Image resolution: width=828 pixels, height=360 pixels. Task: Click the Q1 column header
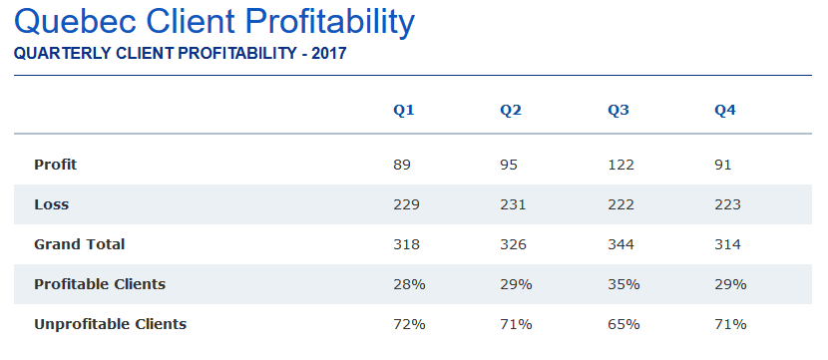(403, 111)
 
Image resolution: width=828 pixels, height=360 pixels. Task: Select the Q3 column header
(618, 111)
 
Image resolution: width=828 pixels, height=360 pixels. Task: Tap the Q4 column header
(725, 111)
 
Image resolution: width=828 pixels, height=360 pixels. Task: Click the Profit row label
(56, 165)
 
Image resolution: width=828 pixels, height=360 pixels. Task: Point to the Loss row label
(51, 204)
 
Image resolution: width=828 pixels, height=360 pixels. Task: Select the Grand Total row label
(79, 244)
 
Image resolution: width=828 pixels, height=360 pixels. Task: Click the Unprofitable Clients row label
(111, 324)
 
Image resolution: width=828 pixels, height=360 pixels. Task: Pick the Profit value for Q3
(621, 165)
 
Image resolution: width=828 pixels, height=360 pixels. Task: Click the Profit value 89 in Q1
(402, 165)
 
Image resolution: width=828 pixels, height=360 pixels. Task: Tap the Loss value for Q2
(514, 204)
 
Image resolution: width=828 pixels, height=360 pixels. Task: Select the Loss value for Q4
(727, 204)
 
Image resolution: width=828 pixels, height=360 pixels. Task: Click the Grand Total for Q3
(621, 244)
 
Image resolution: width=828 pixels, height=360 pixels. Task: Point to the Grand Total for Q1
(406, 244)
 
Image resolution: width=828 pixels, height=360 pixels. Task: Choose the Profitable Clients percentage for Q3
(623, 284)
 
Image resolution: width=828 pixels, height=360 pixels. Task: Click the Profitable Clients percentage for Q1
(409, 284)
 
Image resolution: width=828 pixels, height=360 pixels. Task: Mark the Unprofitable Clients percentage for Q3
(623, 324)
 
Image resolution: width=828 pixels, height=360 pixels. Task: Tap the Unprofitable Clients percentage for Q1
(409, 324)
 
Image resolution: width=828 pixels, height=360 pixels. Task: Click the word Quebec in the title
(76, 22)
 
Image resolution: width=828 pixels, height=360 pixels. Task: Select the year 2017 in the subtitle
(329, 53)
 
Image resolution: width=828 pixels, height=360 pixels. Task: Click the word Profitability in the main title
(330, 23)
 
